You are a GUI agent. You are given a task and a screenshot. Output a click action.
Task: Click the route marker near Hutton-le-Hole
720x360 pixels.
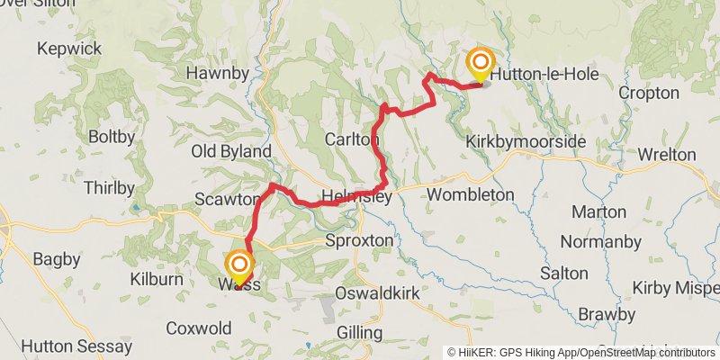tap(481, 63)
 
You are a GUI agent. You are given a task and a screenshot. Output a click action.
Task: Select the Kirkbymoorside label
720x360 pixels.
tap(526, 143)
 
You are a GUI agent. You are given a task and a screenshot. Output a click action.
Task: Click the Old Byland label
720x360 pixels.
tap(231, 151)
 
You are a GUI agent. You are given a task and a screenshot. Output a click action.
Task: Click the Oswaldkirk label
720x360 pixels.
tap(373, 293)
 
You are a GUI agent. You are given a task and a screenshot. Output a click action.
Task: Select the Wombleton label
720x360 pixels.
tap(470, 194)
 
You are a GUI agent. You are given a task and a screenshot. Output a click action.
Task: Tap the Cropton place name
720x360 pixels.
tap(649, 93)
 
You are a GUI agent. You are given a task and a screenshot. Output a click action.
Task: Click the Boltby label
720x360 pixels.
tap(112, 138)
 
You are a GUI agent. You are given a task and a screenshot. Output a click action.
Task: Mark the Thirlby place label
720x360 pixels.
tap(108, 188)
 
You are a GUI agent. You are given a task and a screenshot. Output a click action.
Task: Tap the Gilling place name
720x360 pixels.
tap(358, 333)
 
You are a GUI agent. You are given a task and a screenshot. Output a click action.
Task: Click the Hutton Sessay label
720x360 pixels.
tap(66, 346)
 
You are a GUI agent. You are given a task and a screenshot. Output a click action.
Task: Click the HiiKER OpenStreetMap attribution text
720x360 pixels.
tap(581, 352)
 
